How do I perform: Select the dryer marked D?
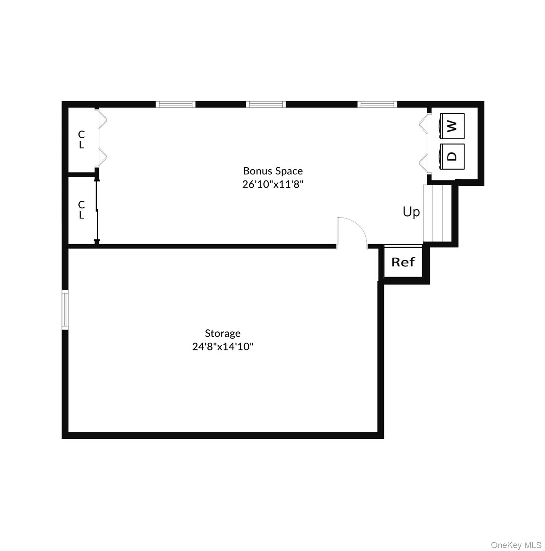(x=451, y=156)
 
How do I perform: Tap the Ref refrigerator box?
(x=403, y=262)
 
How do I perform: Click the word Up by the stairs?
(x=411, y=212)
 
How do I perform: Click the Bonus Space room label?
(x=273, y=171)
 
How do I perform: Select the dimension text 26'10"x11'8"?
(x=273, y=184)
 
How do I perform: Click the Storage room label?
(x=223, y=333)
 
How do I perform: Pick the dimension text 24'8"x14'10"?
(x=223, y=347)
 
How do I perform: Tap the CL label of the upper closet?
(x=82, y=140)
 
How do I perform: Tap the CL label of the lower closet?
(x=82, y=210)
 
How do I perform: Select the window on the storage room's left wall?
(x=65, y=310)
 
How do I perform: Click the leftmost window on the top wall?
(x=176, y=104)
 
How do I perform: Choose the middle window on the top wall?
(x=266, y=104)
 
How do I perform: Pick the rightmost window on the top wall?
(x=377, y=104)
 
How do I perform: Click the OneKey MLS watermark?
(x=516, y=545)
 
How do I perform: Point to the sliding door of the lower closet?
(x=97, y=210)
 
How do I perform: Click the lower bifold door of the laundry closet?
(x=423, y=163)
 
